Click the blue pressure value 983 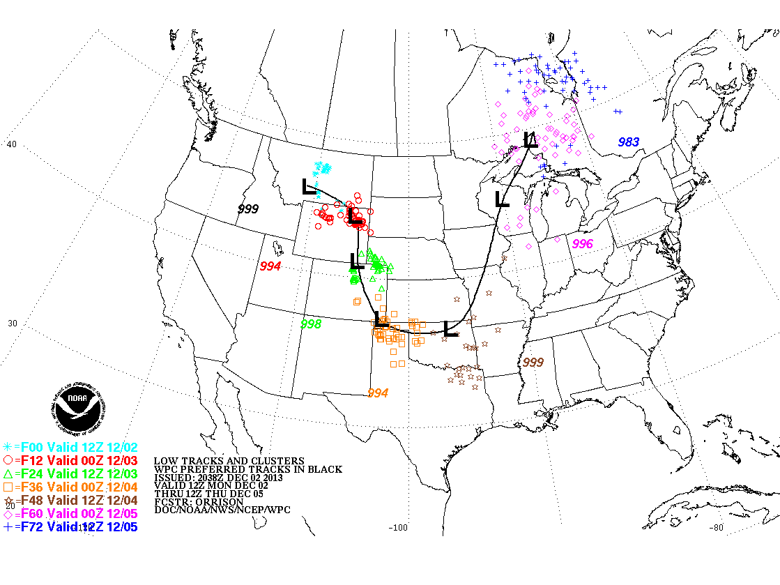point(628,142)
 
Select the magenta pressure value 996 point(582,243)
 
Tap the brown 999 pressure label point(533,362)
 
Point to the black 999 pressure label point(248,209)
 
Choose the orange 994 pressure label point(377,393)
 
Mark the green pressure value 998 point(311,324)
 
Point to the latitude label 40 point(12,144)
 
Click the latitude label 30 point(12,324)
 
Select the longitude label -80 point(717,528)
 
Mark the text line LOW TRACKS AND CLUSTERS point(229,461)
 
